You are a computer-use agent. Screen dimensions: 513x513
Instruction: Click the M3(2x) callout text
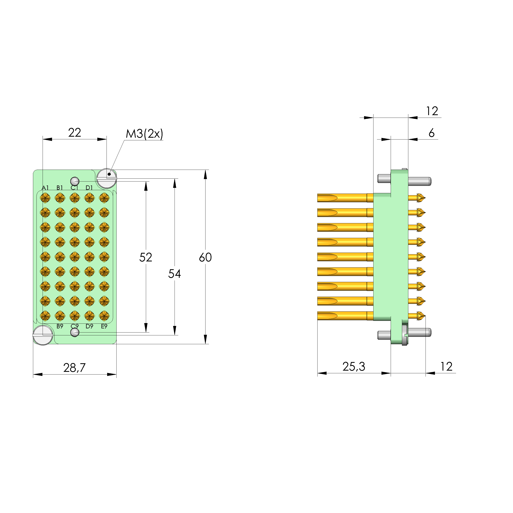tap(144, 134)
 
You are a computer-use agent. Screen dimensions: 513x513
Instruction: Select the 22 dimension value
tap(74, 133)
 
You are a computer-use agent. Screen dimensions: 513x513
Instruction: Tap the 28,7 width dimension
tap(74, 368)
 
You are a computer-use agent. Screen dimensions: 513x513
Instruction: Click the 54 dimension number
tap(175, 274)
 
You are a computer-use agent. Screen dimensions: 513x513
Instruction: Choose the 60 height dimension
tap(205, 257)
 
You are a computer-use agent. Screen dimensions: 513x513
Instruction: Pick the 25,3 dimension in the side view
tap(354, 367)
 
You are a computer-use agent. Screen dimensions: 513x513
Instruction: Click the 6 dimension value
tap(431, 133)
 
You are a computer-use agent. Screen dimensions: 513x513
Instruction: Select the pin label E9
tap(104, 326)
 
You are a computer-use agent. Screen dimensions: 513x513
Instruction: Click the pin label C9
tap(75, 326)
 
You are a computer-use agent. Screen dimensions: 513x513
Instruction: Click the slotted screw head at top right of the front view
tap(107, 178)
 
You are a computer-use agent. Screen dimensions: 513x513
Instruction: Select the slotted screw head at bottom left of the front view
tap(43, 335)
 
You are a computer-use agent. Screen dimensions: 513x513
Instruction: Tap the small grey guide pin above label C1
tap(75, 181)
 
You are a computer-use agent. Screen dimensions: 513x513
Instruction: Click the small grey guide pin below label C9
tap(75, 332)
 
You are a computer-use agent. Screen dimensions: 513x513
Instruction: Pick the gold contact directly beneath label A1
tap(45, 198)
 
